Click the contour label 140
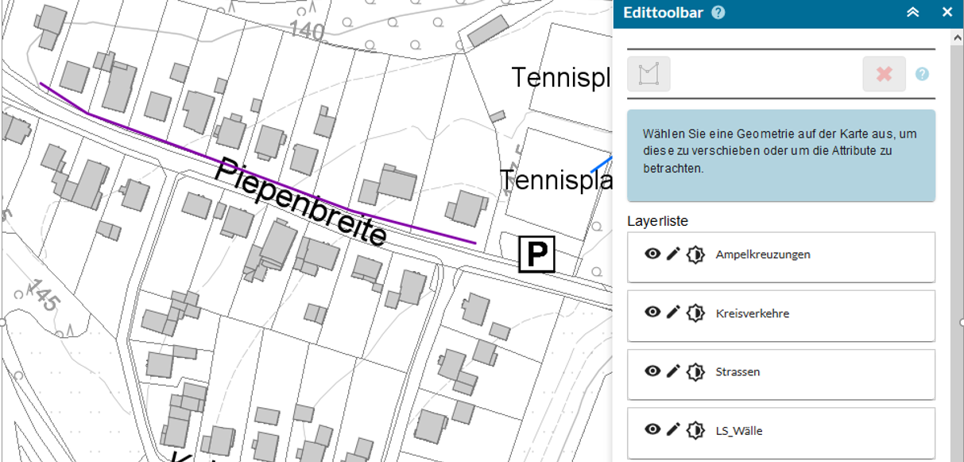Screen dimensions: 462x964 tap(307, 30)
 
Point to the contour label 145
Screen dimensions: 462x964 tap(40, 294)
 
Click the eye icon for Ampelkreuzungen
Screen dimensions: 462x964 tap(652, 254)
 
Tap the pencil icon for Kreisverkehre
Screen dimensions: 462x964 tap(673, 313)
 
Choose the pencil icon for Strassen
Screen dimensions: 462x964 tap(673, 371)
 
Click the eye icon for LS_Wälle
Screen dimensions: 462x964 tap(652, 429)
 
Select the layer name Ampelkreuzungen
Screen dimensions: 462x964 tap(762, 254)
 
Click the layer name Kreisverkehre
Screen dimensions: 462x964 tap(752, 313)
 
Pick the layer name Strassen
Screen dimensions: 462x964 tap(738, 371)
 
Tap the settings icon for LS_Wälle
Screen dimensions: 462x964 tap(695, 430)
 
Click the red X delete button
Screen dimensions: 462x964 tap(884, 74)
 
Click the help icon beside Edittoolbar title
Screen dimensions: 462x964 tap(718, 13)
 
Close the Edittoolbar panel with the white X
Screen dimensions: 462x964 tap(947, 13)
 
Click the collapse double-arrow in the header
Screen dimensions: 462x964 tap(912, 13)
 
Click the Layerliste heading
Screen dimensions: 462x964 tap(657, 220)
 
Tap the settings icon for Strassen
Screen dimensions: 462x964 tap(695, 371)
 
